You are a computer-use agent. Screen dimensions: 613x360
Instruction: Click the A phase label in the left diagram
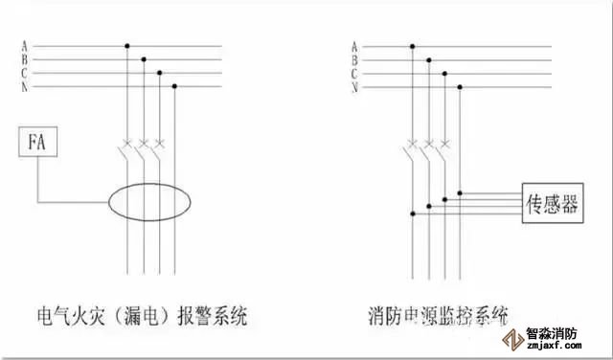tap(25, 46)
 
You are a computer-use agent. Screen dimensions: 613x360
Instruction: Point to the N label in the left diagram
tap(25, 87)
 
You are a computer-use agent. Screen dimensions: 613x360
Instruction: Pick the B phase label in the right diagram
tap(354, 60)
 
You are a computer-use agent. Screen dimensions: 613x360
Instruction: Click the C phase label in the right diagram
tap(354, 74)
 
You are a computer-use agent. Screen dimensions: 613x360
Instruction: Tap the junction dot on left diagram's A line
tap(127, 46)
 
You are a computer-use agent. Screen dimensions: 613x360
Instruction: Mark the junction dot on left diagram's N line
tap(174, 86)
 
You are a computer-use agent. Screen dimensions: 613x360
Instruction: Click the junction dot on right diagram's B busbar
tap(429, 60)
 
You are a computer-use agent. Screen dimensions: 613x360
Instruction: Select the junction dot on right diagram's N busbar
tap(460, 87)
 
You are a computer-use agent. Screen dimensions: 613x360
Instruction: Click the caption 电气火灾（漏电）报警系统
tap(143, 316)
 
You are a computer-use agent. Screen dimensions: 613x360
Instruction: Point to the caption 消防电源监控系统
tap(439, 316)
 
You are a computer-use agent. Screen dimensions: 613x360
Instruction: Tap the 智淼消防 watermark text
tap(552, 334)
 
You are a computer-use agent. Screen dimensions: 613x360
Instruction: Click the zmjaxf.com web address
tap(554, 346)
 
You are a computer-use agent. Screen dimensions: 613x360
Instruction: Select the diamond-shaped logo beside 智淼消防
tap(513, 339)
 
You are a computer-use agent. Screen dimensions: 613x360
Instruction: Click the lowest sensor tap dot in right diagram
tap(413, 214)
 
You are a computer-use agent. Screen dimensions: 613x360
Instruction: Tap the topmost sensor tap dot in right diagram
tap(460, 193)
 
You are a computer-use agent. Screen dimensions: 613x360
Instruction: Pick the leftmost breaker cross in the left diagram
tap(127, 143)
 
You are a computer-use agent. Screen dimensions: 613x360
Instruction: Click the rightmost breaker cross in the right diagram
tap(444, 144)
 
